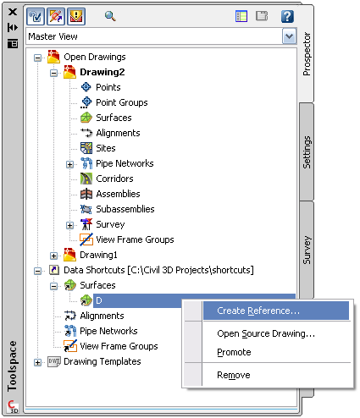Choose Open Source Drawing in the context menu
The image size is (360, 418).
[x=266, y=333]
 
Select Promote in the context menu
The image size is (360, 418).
[x=234, y=352]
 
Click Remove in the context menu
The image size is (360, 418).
[x=234, y=375]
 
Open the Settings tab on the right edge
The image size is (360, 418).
[x=307, y=152]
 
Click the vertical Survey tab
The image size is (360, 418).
[x=307, y=250]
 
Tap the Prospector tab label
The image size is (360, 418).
[x=307, y=54]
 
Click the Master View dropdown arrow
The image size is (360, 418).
[x=289, y=36]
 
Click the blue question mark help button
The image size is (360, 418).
[x=287, y=16]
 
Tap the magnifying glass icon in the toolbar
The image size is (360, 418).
[x=110, y=16]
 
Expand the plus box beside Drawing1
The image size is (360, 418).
[x=53, y=256]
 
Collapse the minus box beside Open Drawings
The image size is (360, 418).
[x=37, y=58]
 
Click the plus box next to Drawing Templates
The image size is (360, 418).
[x=37, y=362]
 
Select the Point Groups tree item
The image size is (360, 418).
[x=121, y=102]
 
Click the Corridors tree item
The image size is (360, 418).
[x=114, y=179]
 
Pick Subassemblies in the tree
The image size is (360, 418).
[x=125, y=209]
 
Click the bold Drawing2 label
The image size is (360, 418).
[x=102, y=72]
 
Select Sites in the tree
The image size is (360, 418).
[x=106, y=148]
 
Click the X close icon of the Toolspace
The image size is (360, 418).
[x=13, y=12]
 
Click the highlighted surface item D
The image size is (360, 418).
[x=99, y=300]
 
